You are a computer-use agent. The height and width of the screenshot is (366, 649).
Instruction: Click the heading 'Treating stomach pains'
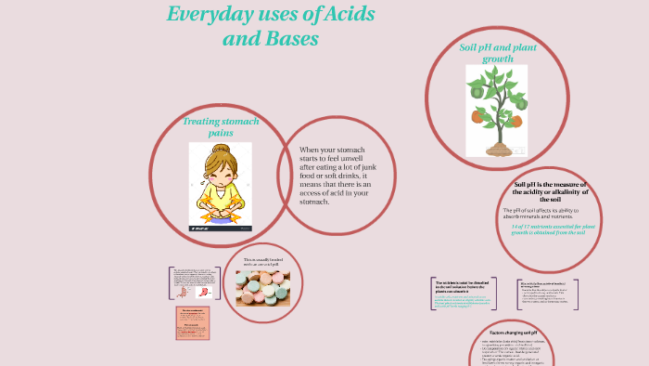pos(221,127)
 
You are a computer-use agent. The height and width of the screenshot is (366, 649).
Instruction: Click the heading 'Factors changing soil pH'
pos(512,332)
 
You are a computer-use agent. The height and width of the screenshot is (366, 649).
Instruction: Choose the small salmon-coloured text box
pos(193,322)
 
